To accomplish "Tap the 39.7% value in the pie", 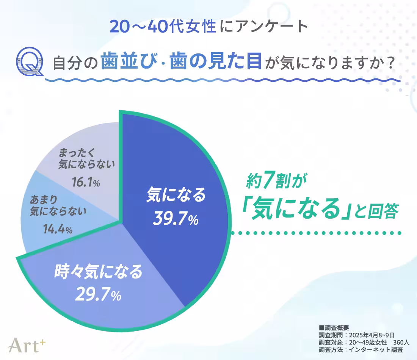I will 176,219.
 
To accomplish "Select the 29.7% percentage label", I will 98,294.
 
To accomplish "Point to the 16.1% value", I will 86,183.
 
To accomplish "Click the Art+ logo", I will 27,344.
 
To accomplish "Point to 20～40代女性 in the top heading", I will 163,27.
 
